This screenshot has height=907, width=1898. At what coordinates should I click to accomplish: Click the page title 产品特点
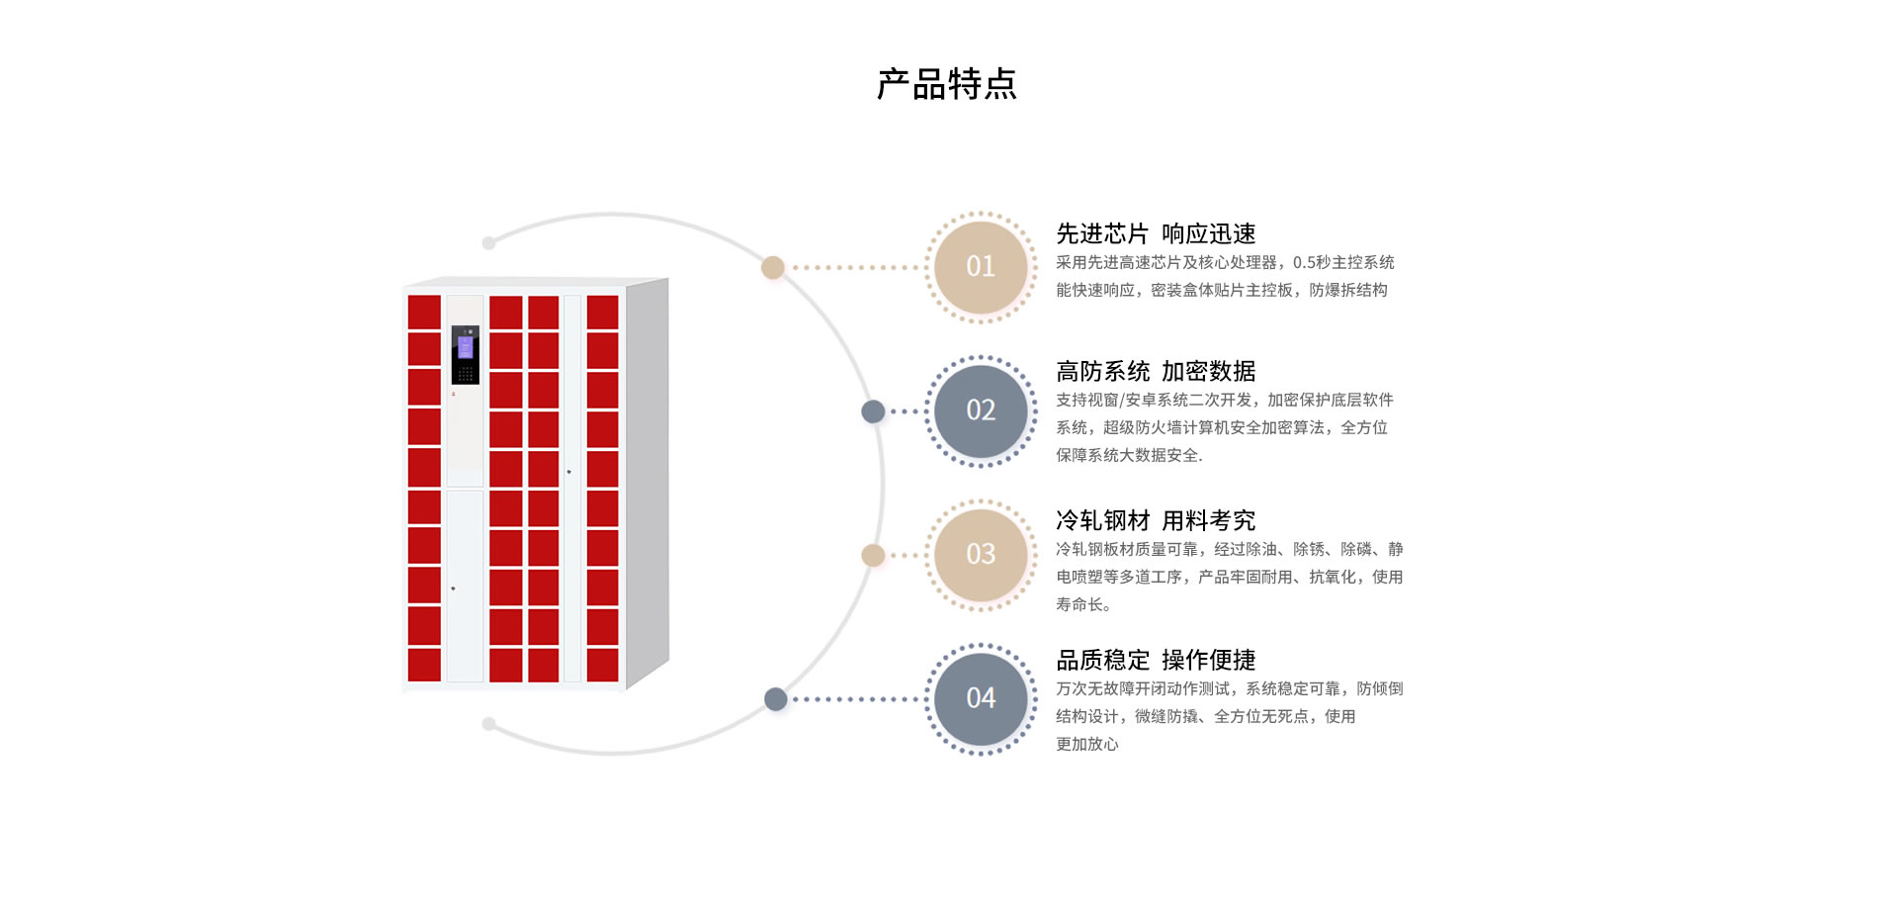coord(947,84)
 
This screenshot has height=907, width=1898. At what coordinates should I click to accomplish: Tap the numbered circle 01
coord(981,267)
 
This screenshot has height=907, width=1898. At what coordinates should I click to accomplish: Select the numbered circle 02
coord(981,410)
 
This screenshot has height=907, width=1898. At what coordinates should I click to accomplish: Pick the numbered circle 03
coord(981,554)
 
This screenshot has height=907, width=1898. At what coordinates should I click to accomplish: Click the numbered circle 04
coord(981,698)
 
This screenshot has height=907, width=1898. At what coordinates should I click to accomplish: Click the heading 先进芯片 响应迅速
coord(1156,233)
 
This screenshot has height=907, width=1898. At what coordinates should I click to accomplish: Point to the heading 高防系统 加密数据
coord(1156,371)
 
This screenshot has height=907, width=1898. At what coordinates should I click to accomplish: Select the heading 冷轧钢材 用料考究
coord(1156,520)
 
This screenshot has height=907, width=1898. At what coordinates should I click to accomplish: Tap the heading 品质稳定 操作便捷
coord(1156,660)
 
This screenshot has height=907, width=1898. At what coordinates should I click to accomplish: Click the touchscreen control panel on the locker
coord(466,355)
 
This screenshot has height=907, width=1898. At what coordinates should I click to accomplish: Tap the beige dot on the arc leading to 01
coord(773,267)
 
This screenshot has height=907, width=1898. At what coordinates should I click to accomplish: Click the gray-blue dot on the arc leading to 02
coord(873,411)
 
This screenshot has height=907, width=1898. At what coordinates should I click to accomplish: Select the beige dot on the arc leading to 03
coord(873,555)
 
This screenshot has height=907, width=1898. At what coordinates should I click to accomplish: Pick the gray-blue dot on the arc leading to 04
coord(776,699)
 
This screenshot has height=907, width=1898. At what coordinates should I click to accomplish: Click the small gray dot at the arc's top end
coord(488,243)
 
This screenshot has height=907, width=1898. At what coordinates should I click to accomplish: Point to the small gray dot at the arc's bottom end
coord(488,724)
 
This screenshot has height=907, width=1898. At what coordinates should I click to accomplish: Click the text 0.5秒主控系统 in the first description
coord(1343,262)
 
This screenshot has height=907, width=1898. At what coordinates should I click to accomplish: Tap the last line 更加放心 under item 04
coord(1087,744)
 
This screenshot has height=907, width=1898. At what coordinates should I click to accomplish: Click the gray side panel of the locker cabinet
coord(647,483)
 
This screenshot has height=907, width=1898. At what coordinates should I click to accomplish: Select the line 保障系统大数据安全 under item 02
coord(1129,455)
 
